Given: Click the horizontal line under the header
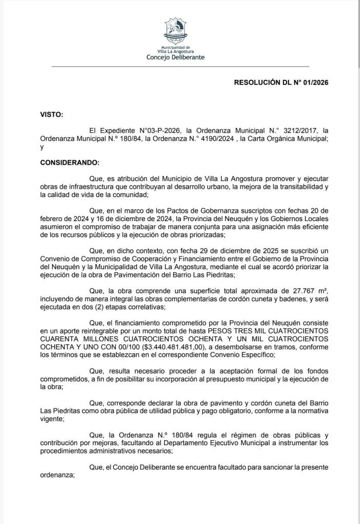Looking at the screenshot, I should pyautogui.click(x=180, y=67).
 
